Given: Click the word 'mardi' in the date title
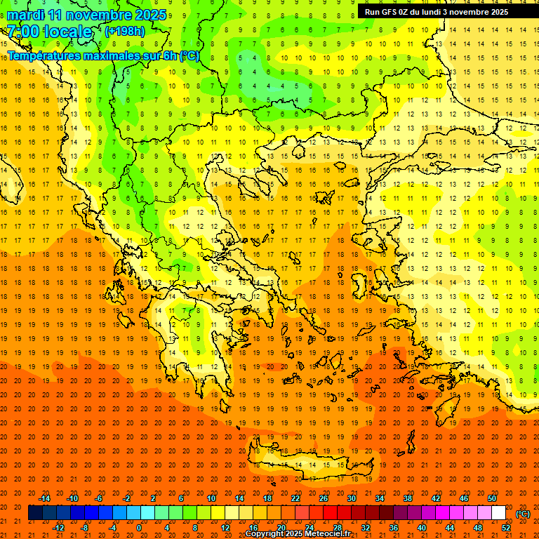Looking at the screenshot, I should pos(26,15).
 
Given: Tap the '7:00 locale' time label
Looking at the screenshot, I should pos(49,32).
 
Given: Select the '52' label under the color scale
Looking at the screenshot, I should pos(506,528).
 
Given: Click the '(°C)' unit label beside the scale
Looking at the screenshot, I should pos(523,514).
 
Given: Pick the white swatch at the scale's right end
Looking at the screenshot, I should pos(498,513).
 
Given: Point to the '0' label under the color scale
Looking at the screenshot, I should pos(138,528).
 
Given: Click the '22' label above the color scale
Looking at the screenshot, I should pos(295,498).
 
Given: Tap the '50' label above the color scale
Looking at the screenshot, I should pos(492,498).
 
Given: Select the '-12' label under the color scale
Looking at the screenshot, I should pos(59,528).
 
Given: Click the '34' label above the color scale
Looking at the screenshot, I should pos(380,498).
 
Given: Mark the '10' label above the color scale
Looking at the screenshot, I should pos(211,498).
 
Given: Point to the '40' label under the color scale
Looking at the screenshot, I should pos(422,528).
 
